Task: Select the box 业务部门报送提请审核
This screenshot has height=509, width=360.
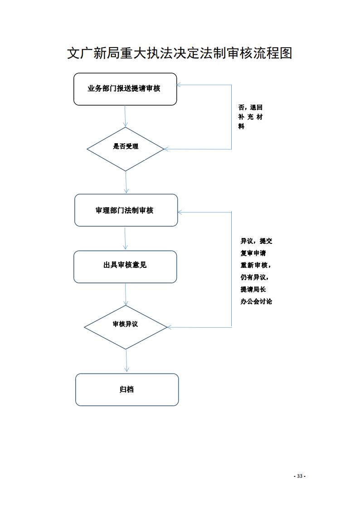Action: [125, 89]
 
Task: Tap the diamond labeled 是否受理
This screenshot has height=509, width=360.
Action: [125, 149]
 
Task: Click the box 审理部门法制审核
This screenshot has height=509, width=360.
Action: [126, 210]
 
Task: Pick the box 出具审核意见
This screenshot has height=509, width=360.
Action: [125, 267]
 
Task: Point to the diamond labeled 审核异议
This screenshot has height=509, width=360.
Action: [125, 327]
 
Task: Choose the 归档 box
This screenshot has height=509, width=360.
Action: [127, 389]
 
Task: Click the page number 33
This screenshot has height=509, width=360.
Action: [300, 476]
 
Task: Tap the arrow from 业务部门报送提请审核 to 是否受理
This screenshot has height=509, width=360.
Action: [125, 116]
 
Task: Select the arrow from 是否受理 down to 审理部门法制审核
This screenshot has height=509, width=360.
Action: [126, 183]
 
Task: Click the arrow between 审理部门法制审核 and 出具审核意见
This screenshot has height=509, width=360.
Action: [125, 238]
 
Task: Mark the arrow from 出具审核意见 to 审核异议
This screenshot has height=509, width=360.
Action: [125, 294]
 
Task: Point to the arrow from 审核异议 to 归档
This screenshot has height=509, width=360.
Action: [126, 361]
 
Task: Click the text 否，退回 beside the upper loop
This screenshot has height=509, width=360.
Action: [250, 107]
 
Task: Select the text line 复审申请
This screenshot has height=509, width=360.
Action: [253, 253]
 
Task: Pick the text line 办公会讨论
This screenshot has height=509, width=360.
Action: [256, 301]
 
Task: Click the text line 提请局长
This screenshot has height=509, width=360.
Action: [253, 290]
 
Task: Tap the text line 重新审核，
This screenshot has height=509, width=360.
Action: [255, 265]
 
